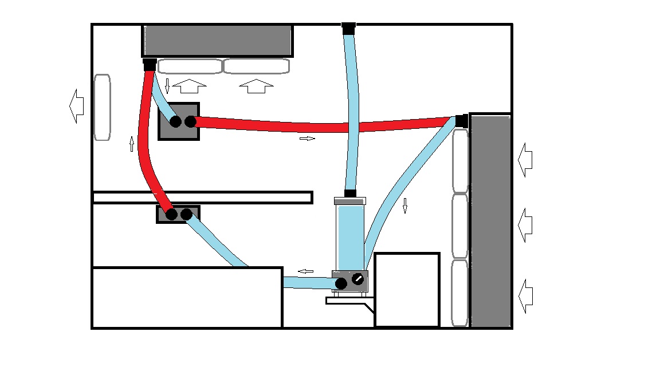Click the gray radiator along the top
click(x=218, y=40)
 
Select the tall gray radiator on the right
click(x=490, y=220)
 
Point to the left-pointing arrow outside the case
click(x=76, y=106)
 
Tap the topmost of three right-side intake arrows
click(x=525, y=160)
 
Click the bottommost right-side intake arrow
click(x=525, y=296)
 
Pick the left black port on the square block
click(x=176, y=121)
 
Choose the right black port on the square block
click(x=190, y=121)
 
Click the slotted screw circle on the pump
click(x=358, y=279)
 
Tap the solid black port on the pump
click(x=341, y=283)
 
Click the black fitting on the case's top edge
click(x=348, y=27)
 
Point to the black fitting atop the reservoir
click(x=351, y=194)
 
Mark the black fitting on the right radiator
click(x=462, y=121)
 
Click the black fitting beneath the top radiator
click(x=150, y=64)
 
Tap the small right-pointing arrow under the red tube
click(x=307, y=139)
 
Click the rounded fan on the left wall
click(x=102, y=108)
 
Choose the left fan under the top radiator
click(x=190, y=66)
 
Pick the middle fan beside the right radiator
click(x=461, y=226)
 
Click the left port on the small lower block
click(x=171, y=215)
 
